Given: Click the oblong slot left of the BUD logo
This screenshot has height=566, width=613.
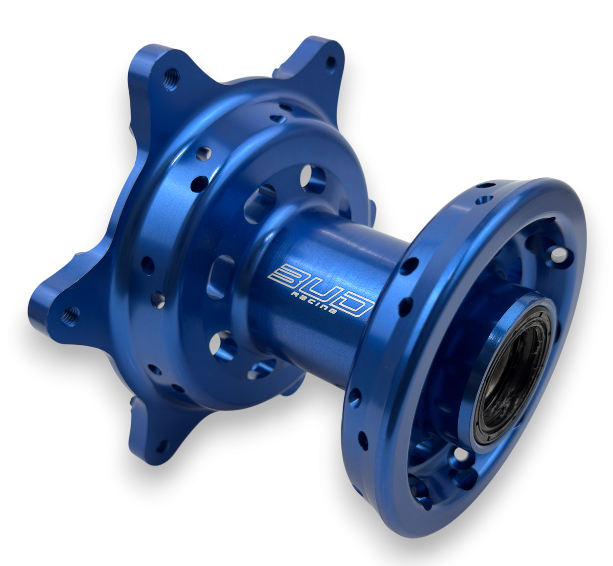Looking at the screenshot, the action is point(221,276).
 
